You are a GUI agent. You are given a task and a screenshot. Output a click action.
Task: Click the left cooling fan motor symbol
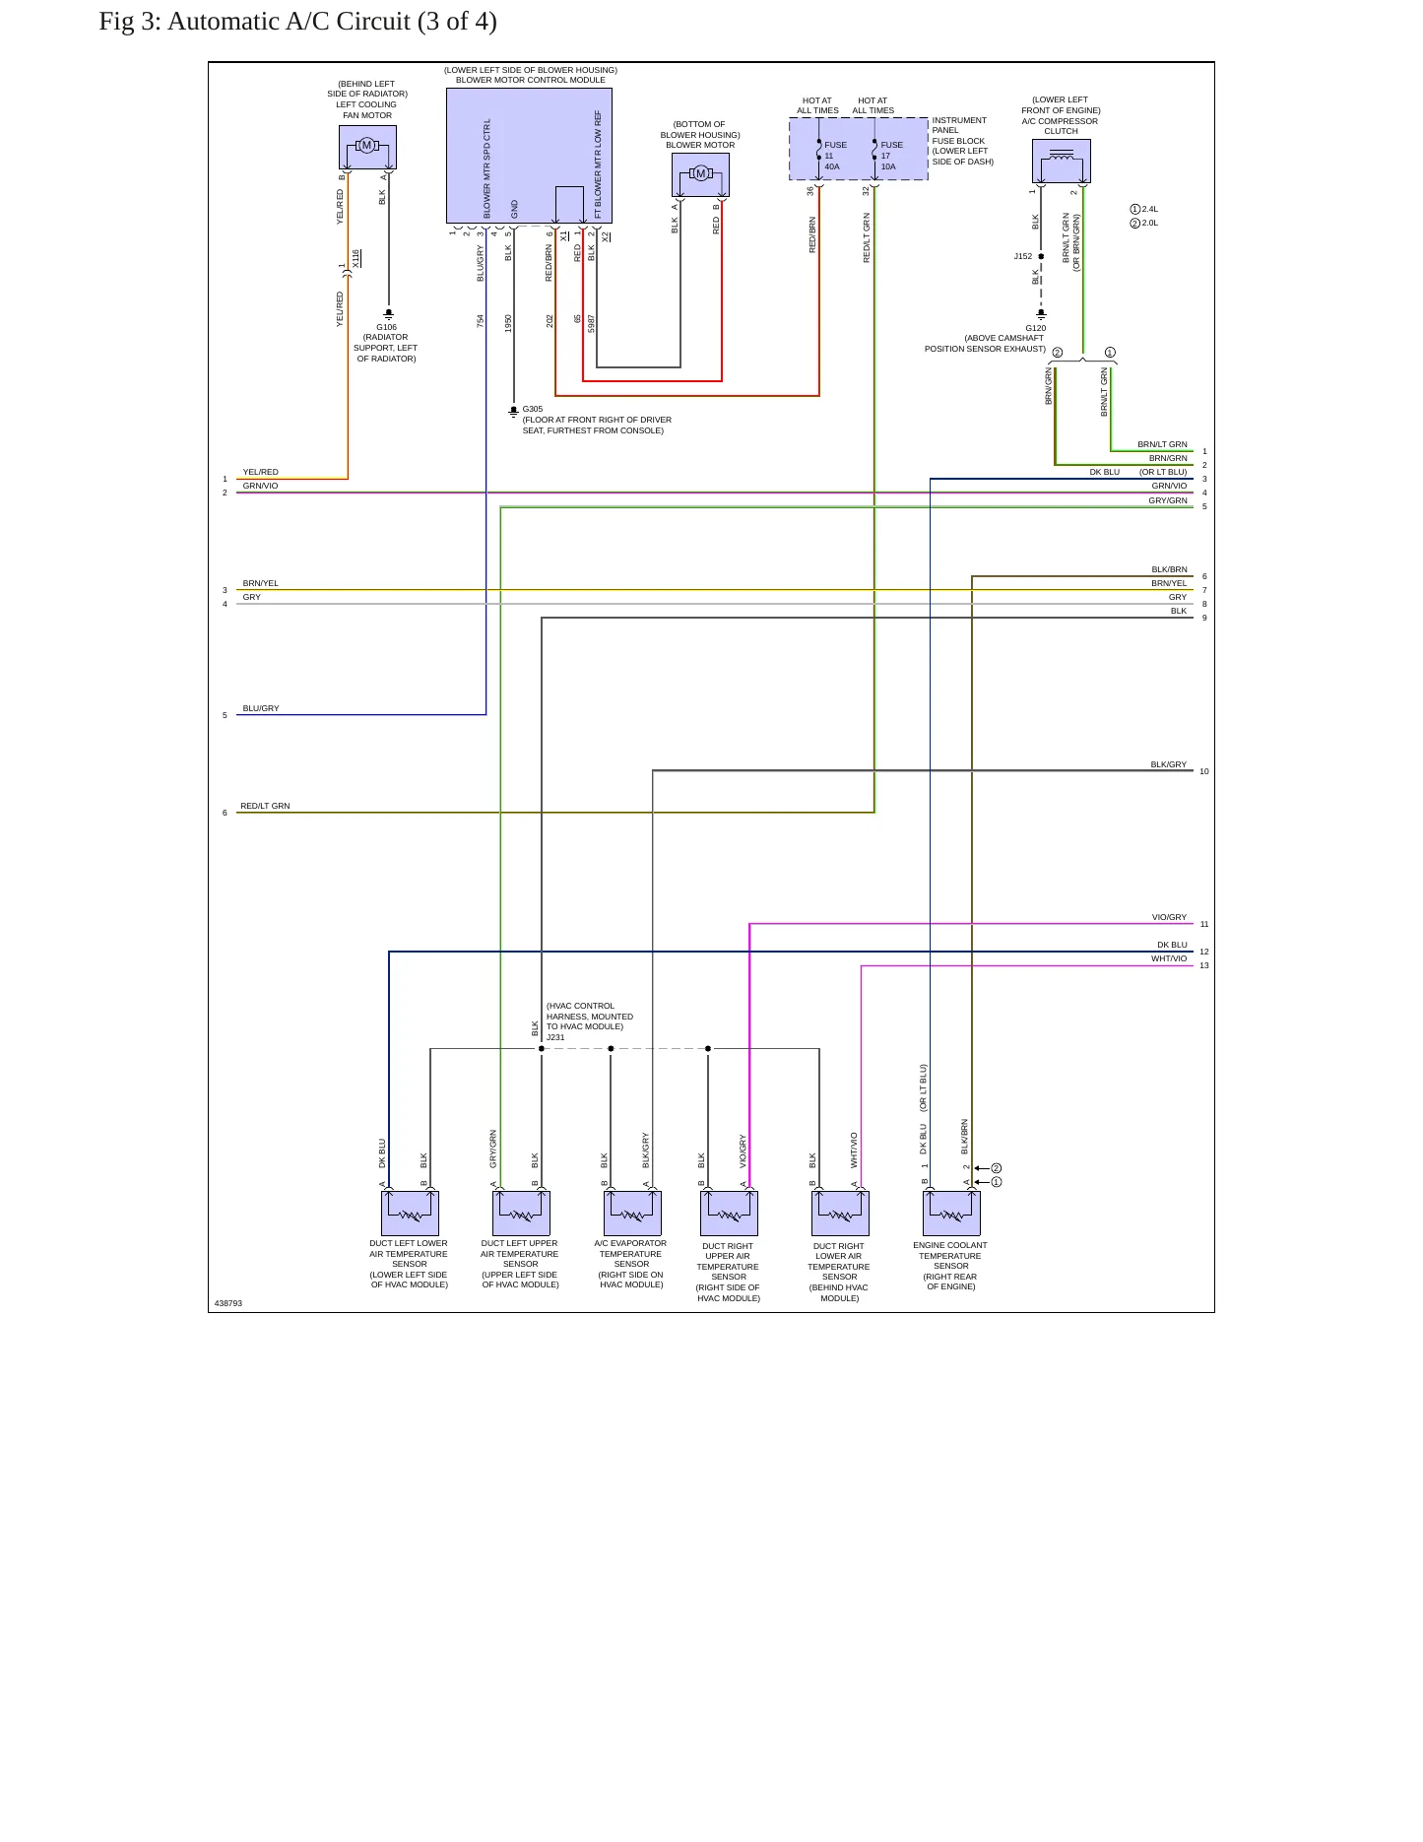[x=367, y=147]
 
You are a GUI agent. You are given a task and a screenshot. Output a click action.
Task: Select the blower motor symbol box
[x=700, y=174]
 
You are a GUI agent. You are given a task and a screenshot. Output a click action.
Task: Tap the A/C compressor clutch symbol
[x=1061, y=161]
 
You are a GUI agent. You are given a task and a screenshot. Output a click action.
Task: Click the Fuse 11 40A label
[x=834, y=156]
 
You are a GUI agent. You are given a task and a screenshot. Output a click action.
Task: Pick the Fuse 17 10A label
[x=891, y=156]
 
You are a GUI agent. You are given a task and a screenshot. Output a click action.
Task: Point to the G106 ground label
[x=386, y=327]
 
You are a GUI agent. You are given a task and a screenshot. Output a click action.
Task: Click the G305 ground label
[x=533, y=409]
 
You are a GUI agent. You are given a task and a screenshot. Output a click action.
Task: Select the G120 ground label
[x=1035, y=328]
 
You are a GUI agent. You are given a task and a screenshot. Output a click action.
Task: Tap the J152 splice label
[x=1023, y=256]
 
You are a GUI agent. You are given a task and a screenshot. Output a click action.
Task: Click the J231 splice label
[x=555, y=1037]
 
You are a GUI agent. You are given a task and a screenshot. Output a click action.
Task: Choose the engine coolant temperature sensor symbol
[x=951, y=1214]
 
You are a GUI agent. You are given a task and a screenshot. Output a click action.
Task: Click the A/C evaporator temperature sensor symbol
[x=632, y=1214]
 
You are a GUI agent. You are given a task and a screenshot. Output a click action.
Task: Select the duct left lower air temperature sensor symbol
[x=410, y=1214]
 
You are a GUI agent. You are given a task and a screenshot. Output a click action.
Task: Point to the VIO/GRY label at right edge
[x=1169, y=917]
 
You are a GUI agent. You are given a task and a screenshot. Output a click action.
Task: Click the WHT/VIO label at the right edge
[x=1169, y=958]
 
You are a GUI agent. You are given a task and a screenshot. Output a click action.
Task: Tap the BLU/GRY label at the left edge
[x=261, y=708]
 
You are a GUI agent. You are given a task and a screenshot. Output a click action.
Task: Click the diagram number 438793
[x=228, y=1303]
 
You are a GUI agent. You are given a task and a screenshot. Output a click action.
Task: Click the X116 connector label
[x=356, y=259]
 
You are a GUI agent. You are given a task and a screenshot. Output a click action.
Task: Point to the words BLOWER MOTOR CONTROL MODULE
[x=531, y=80]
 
